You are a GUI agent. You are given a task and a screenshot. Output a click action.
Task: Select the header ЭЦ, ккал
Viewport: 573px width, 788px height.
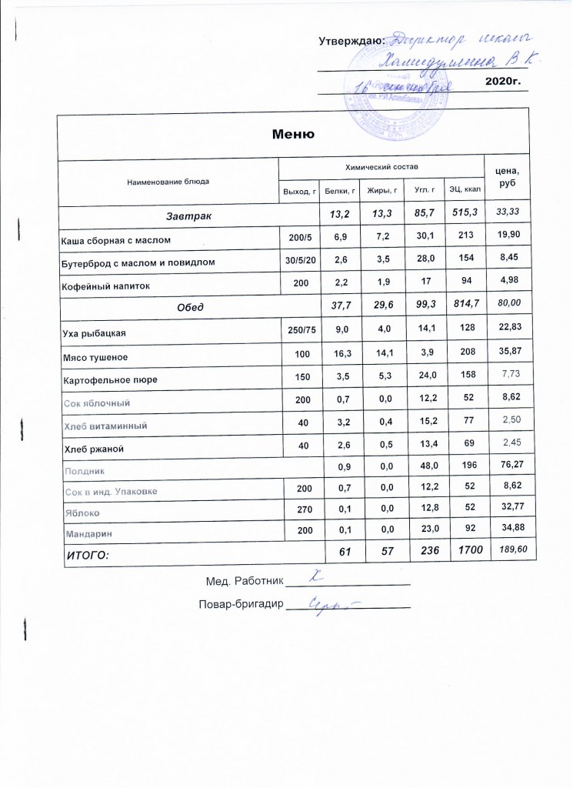[465, 189]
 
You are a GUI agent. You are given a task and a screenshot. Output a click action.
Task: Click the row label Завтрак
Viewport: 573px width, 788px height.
[188, 212]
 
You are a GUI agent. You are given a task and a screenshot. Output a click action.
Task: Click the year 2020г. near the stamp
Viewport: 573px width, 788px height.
[504, 81]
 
